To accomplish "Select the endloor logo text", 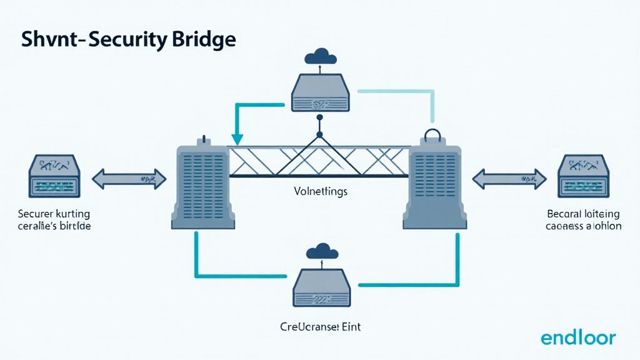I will [x=578, y=338].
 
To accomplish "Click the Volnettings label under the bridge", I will [x=319, y=191].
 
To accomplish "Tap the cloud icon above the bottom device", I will [x=320, y=251].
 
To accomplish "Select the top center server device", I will [x=319, y=94].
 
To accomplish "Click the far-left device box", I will [x=54, y=177].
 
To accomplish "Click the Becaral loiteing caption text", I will [x=584, y=219].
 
